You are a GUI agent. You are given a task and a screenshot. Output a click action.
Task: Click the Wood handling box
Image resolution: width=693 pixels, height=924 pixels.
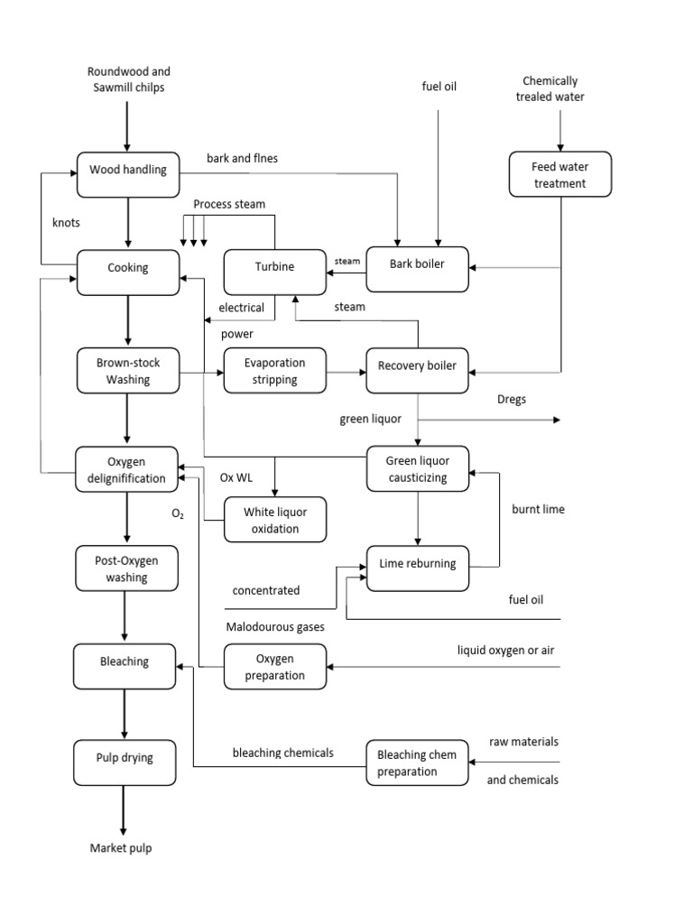(127, 170)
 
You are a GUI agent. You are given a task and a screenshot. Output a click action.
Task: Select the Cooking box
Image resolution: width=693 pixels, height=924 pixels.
(127, 269)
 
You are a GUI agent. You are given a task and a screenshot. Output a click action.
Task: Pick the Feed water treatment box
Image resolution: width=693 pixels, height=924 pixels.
(559, 175)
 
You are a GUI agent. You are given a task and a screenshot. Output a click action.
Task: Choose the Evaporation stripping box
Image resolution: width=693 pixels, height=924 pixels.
(274, 371)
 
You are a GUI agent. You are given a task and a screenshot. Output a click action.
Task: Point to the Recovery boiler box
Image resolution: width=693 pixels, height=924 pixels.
(417, 367)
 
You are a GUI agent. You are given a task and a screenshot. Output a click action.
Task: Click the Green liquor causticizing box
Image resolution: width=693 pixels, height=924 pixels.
(417, 469)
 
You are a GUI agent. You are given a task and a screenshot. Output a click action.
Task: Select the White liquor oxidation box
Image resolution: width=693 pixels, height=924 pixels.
(274, 520)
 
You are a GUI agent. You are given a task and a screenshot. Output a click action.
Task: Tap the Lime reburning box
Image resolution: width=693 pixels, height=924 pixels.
(417, 566)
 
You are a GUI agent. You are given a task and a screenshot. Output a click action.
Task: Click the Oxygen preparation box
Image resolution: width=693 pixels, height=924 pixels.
(274, 667)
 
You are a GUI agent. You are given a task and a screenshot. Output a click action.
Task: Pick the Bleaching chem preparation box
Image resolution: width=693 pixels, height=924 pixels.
(417, 763)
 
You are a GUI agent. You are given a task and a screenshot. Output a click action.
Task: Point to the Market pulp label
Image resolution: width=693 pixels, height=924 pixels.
(121, 849)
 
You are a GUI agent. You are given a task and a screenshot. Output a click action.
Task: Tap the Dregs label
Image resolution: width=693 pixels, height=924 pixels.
(511, 399)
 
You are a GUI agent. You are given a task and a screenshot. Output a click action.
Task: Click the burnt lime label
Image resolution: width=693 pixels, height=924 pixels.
(538, 510)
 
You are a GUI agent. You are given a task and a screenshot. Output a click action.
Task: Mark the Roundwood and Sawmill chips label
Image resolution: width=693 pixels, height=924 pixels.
(128, 79)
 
